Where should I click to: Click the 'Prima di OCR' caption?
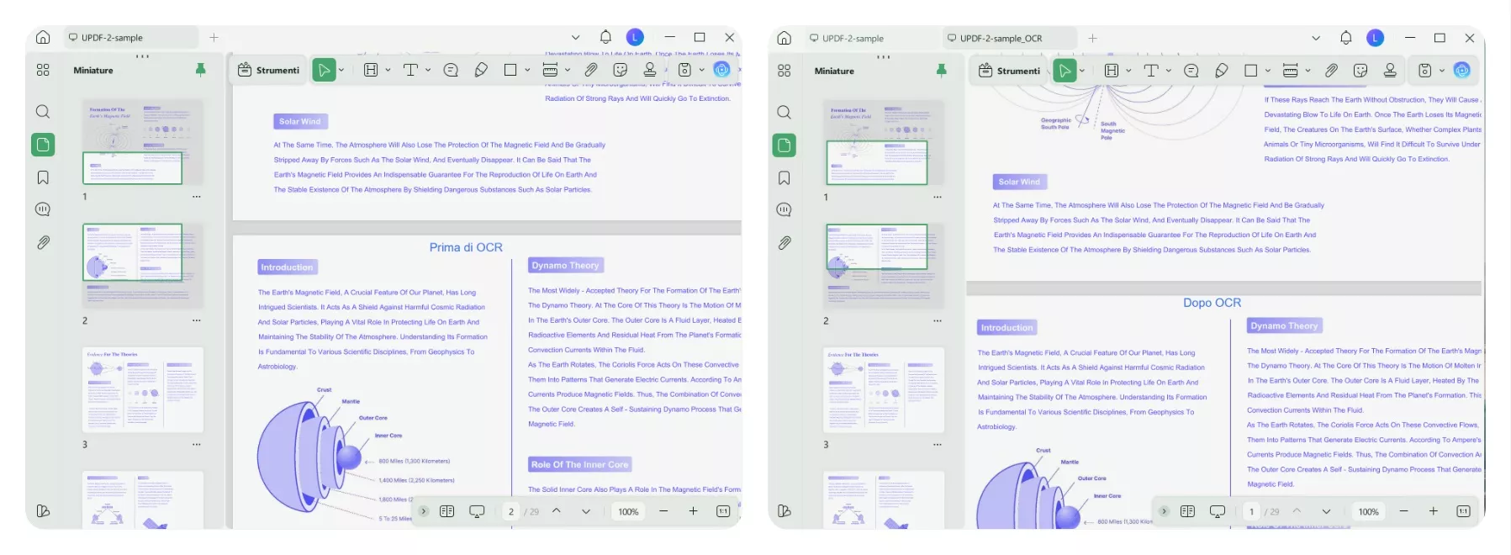466,247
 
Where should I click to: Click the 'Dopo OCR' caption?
1212,303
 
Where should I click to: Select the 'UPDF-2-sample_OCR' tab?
1001,38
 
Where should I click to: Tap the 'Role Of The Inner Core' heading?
579,464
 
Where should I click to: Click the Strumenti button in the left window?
268,70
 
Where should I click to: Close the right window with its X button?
1469,38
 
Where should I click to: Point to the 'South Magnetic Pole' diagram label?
1112,130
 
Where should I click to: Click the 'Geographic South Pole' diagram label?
1055,124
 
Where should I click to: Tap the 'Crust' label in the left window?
324,389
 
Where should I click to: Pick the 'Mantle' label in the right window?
1070,462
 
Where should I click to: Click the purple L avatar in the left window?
635,37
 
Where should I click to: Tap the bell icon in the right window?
1345,38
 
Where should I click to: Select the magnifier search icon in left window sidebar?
43,112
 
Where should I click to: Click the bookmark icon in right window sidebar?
784,177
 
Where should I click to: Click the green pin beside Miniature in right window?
941,71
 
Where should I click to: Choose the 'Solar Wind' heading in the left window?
299,121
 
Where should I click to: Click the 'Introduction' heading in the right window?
1006,327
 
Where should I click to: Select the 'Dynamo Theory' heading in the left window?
565,265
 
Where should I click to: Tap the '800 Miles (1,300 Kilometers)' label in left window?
414,461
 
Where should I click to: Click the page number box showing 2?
510,511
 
